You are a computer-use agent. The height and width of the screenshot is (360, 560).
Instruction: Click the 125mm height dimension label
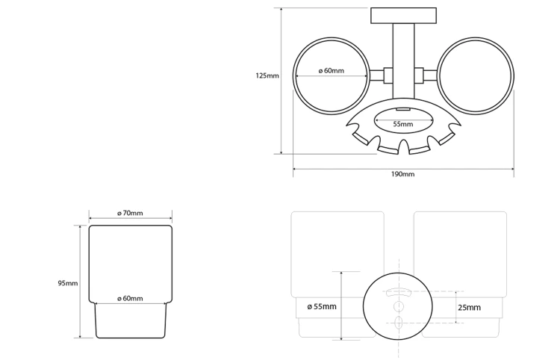(x=267, y=75)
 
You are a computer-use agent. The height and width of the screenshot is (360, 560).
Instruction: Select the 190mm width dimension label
(x=403, y=174)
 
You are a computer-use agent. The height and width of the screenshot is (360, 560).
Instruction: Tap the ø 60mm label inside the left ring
(x=332, y=71)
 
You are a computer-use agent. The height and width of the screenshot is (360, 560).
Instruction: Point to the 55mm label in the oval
(x=403, y=124)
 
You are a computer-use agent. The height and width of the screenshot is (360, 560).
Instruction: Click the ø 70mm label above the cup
(x=130, y=213)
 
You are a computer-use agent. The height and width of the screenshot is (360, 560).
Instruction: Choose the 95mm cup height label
(x=68, y=284)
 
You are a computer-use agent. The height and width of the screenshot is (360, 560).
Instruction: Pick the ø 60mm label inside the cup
(x=130, y=299)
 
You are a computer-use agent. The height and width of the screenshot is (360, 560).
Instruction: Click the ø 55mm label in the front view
(x=322, y=307)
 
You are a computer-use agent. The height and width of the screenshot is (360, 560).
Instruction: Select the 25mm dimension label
(x=470, y=308)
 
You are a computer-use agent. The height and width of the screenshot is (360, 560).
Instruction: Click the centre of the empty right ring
(x=475, y=75)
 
